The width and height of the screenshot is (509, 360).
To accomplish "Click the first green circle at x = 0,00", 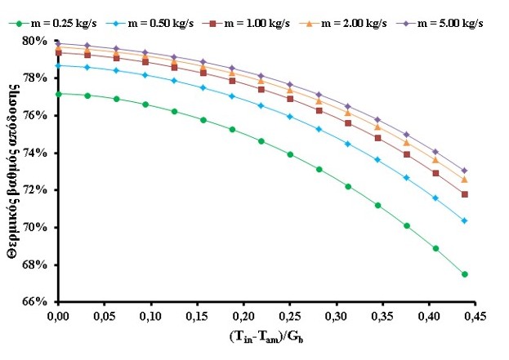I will (x=58, y=94).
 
